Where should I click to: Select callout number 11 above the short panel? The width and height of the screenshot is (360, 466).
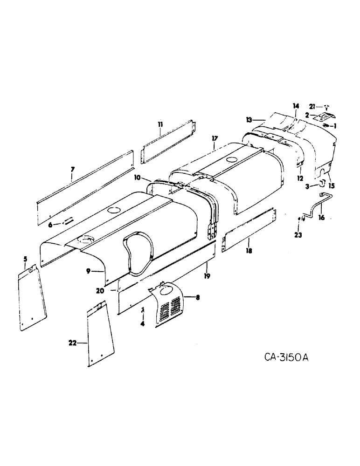coord(159,124)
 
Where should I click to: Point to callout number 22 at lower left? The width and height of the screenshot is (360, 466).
coord(71,343)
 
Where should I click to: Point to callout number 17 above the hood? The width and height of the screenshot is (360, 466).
coord(214,138)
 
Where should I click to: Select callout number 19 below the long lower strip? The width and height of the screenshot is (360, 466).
coord(207,276)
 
